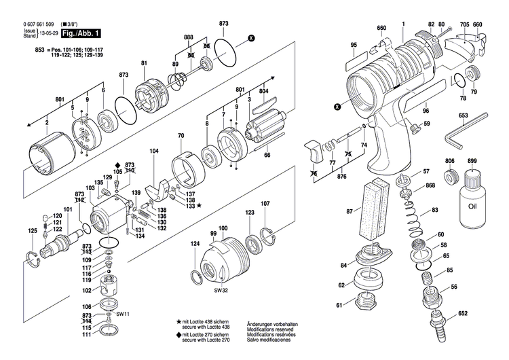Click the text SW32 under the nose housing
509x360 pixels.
coord(219,289)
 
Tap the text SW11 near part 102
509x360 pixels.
coord(122,314)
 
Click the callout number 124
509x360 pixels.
coord(195,243)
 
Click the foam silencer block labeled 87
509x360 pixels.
coord(373,209)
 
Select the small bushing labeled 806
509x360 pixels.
coord(449,178)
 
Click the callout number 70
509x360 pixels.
coord(181,137)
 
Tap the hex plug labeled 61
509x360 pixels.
coord(363,304)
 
